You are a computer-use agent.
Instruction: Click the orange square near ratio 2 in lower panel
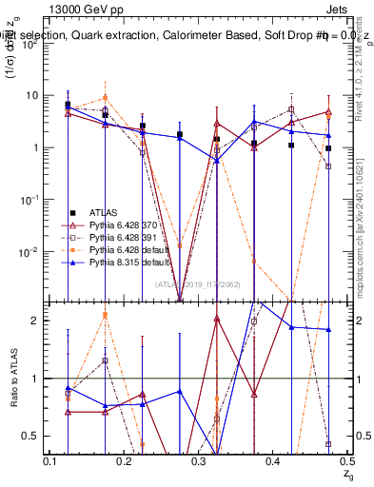coord(106,315)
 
